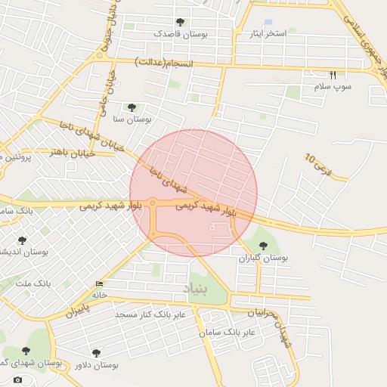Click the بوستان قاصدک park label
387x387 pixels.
tap(180, 35)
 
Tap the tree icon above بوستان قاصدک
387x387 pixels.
tap(180, 23)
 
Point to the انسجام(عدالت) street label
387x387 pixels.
tap(164, 61)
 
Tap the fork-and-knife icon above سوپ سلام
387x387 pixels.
tap(333, 75)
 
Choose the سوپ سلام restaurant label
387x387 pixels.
tap(333, 87)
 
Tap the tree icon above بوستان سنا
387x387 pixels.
tap(132, 107)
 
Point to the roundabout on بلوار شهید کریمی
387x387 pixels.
tap(152, 203)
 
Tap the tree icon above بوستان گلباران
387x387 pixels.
tap(263, 246)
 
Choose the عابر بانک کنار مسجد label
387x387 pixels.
tap(150, 314)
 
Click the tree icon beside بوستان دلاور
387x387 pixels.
tap(96, 353)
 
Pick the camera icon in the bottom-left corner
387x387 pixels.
tap(18, 379)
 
